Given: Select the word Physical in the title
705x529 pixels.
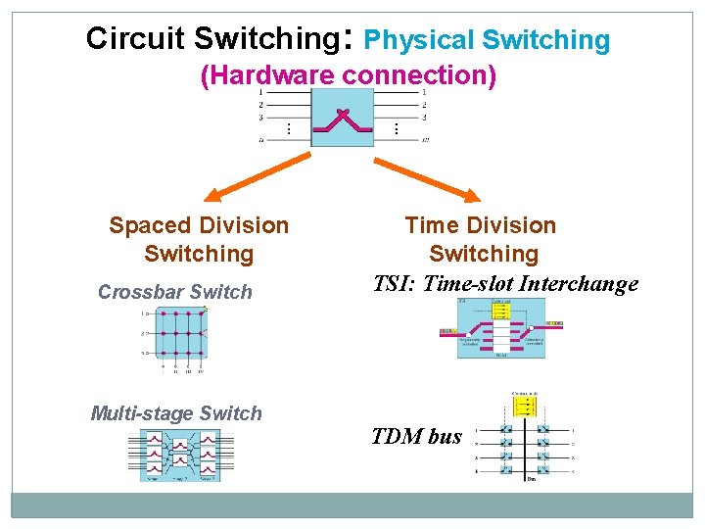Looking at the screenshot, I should [418, 40].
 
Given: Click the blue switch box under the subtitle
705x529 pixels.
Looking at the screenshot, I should [342, 118].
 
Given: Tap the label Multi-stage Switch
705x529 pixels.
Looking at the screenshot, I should [176, 413].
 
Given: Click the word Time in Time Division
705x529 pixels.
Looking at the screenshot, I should [432, 225].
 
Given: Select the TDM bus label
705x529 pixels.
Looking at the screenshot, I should [417, 437].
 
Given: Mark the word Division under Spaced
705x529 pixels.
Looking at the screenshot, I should [244, 225].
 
